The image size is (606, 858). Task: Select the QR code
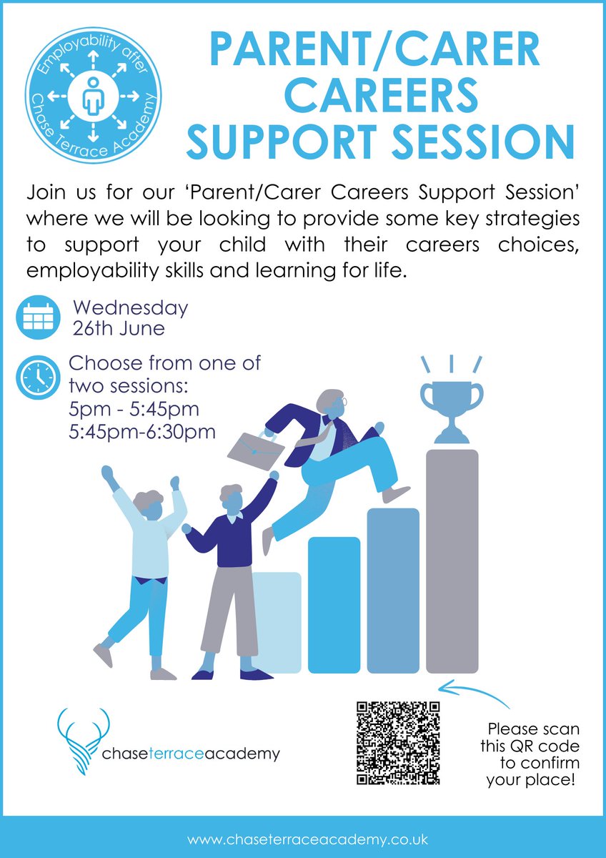pyautogui.click(x=398, y=743)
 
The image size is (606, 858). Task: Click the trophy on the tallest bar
pyautogui.click(x=452, y=405)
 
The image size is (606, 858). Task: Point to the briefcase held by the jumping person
pyautogui.click(x=255, y=446)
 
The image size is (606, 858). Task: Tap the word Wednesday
pyautogui.click(x=131, y=309)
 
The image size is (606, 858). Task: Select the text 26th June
pyautogui.click(x=119, y=329)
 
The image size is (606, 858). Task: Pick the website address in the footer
pyautogui.click(x=308, y=838)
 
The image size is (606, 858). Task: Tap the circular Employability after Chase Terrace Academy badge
pyautogui.click(x=93, y=96)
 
